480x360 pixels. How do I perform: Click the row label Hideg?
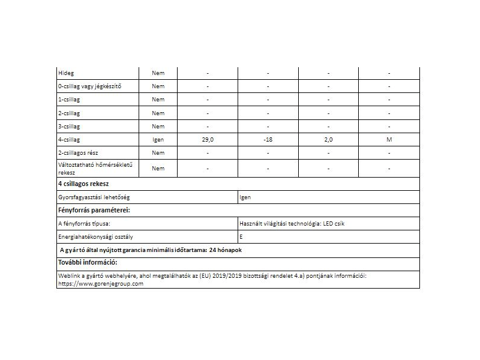coord(65,73)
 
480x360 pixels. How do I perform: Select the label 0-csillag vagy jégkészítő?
coord(89,86)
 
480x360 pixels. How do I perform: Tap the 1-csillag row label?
coord(69,100)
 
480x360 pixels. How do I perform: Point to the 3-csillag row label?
coord(69,126)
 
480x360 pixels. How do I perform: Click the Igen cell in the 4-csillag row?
coord(158,139)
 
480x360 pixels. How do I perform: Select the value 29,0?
coord(208,139)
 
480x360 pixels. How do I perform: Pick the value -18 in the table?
coord(268,139)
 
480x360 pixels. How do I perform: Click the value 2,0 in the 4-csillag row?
coord(328,139)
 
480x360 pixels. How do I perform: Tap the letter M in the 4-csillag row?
coord(389,139)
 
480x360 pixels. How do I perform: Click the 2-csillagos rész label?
coord(78,153)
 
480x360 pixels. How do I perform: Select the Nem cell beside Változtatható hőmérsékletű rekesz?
coord(158,169)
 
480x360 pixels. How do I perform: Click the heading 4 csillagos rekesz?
coord(83,184)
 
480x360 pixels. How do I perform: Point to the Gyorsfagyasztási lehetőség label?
coord(95,197)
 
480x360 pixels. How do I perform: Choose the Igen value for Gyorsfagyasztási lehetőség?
coord(245,197)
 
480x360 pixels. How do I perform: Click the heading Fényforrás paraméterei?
coord(94,211)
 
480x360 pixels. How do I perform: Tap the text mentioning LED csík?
coord(292,224)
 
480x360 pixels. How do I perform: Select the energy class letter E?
coord(241,237)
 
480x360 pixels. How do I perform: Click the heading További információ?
coord(87,263)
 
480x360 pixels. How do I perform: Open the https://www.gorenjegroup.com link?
coord(101,283)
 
